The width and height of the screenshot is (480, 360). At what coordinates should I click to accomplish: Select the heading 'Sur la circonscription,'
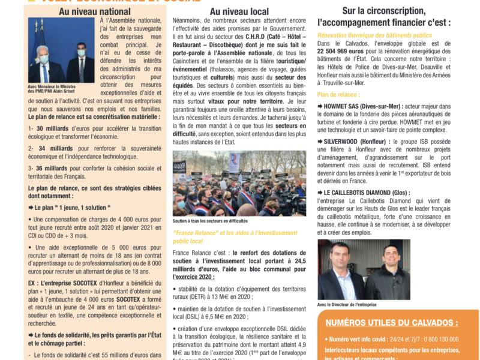coord(383,11)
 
